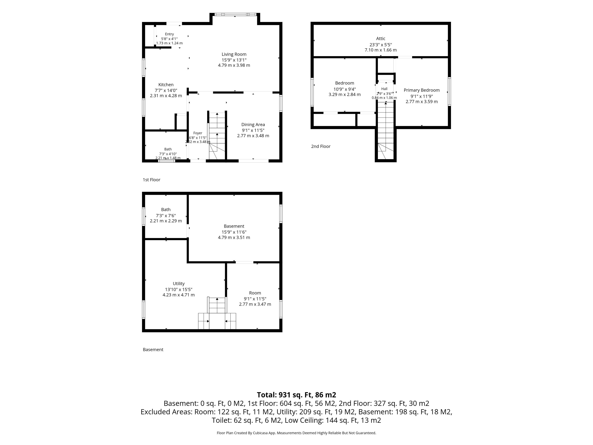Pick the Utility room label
(x=179, y=284)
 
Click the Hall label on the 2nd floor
(x=384, y=89)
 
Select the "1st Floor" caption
(x=151, y=180)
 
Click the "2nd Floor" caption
(x=321, y=146)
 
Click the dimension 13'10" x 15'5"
(x=179, y=289)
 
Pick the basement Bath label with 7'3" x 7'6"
(x=166, y=210)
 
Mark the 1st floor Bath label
(x=168, y=149)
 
